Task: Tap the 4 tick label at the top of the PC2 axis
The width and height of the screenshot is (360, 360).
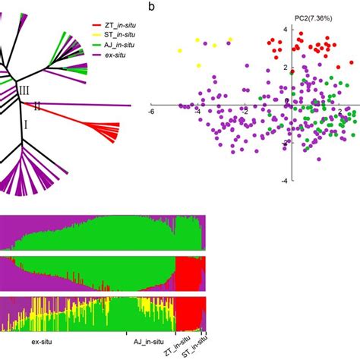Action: click(285, 29)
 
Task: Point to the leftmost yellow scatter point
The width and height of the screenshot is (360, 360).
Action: click(180, 50)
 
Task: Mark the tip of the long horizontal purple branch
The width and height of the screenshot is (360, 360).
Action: click(131, 106)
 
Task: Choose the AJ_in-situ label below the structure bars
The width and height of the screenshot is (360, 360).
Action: click(143, 341)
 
